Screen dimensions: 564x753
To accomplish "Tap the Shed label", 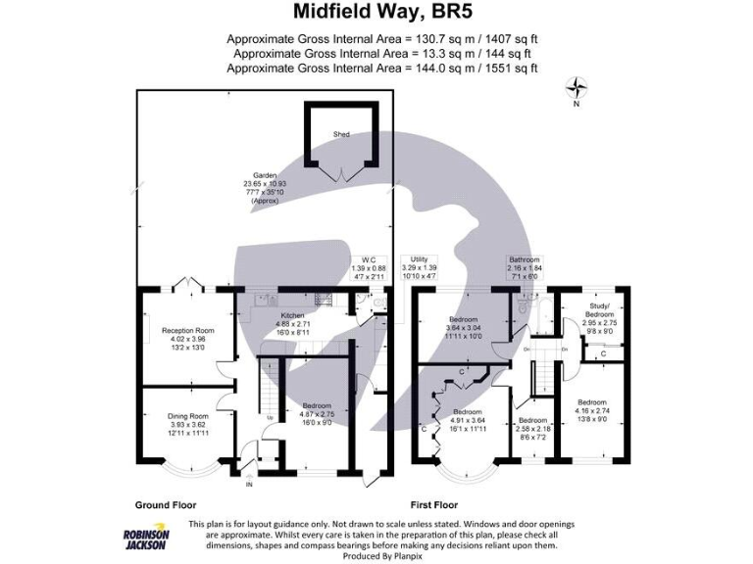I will pyautogui.click(x=341, y=134).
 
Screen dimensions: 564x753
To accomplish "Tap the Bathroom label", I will pyautogui.click(x=524, y=267).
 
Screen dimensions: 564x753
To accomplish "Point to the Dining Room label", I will pyautogui.click(x=186, y=423).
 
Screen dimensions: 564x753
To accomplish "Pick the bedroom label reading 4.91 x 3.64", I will pyautogui.click(x=466, y=419).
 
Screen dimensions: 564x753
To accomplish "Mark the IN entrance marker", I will pyautogui.click(x=249, y=484).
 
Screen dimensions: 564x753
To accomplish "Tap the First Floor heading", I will pyautogui.click(x=435, y=505).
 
